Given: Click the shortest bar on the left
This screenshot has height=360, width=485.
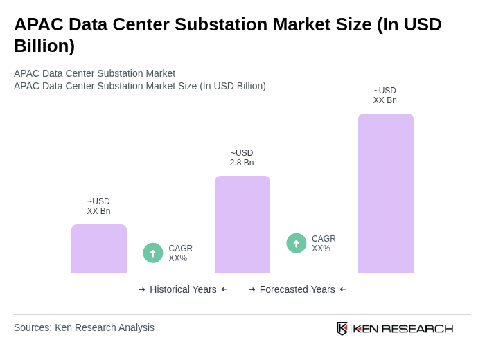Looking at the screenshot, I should (x=99, y=249).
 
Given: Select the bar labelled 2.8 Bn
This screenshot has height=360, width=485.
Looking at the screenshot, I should (x=242, y=224).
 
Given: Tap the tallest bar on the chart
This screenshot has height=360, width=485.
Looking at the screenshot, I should (x=386, y=193).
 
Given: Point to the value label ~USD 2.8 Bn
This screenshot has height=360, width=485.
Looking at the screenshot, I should (x=242, y=158).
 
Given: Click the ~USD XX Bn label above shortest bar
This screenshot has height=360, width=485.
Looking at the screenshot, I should (x=98, y=206).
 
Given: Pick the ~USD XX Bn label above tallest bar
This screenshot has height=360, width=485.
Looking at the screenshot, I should (x=385, y=96).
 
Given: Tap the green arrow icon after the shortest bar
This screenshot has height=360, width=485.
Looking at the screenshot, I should (x=153, y=253).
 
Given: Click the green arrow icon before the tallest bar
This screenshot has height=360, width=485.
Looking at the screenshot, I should (x=297, y=243).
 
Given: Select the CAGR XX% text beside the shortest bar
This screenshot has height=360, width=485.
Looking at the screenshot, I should (x=180, y=253).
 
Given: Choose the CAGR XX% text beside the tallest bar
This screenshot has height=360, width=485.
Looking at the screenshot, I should (x=324, y=244).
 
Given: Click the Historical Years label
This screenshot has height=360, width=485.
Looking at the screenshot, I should (x=183, y=289).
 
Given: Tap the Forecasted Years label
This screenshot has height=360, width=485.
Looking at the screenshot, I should (x=297, y=289).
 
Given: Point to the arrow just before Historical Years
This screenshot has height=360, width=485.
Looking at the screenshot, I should (x=142, y=289).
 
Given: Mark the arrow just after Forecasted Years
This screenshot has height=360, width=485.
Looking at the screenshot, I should (x=343, y=289).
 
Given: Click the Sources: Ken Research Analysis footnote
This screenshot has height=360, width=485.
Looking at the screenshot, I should (x=84, y=327).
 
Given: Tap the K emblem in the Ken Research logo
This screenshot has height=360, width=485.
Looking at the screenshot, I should (x=342, y=328).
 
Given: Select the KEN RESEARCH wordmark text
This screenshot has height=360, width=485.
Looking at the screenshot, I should (x=403, y=328).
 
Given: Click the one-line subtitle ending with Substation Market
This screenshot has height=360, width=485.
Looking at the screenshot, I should (x=94, y=73).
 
